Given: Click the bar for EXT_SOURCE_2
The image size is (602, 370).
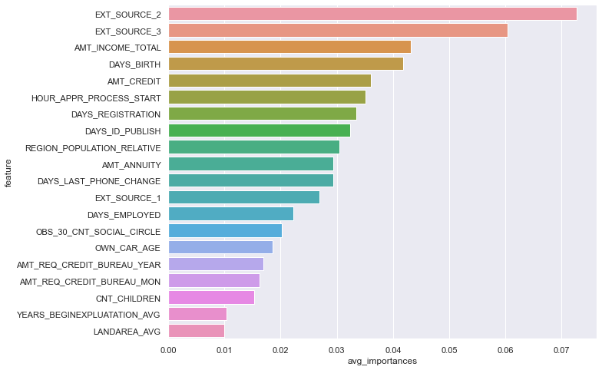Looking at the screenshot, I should click(x=372, y=14).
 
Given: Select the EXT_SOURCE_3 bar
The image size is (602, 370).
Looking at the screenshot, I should click(x=337, y=31).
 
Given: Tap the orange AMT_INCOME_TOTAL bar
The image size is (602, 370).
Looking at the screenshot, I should click(x=289, y=47).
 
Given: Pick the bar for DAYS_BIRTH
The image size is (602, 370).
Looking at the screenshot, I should click(x=285, y=64).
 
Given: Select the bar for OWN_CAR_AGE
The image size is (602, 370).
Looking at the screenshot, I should click(x=220, y=247).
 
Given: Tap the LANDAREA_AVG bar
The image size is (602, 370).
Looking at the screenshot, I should click(x=196, y=331).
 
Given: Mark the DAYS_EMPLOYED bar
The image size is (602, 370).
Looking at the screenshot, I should click(x=230, y=213).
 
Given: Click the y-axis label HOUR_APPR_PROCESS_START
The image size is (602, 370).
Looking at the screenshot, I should click(x=96, y=97).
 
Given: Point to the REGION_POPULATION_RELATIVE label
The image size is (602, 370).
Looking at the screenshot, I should click(x=93, y=147).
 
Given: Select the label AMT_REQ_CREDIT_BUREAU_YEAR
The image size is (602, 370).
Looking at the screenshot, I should click(x=89, y=264).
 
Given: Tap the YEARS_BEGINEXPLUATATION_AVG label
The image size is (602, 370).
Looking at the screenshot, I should click(x=88, y=314).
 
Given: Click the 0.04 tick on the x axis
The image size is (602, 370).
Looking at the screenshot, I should click(x=393, y=349).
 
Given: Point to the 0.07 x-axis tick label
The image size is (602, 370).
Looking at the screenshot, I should click(x=561, y=349).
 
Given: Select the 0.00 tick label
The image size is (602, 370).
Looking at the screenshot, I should click(x=168, y=349).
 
